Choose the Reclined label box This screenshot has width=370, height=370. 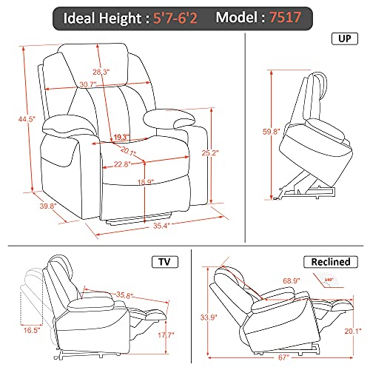click(x=329, y=262)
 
